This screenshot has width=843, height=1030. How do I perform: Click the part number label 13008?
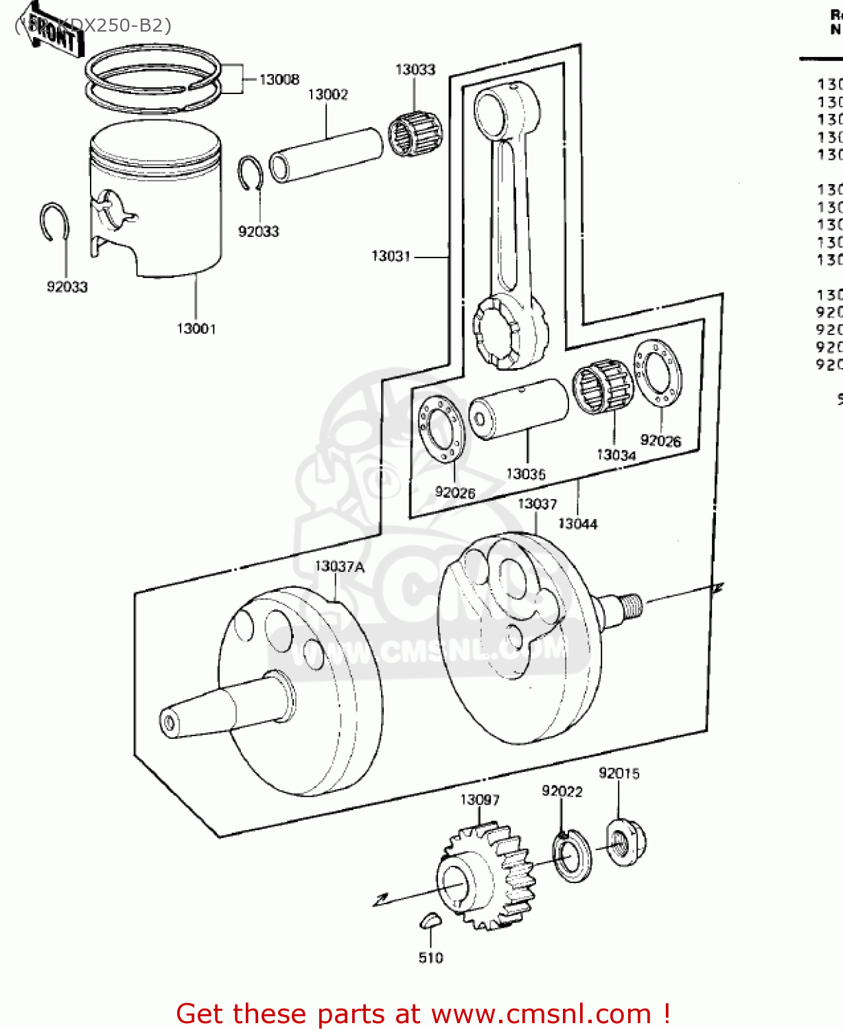pyautogui.click(x=279, y=80)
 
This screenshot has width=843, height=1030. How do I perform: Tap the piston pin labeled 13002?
pyautogui.click(x=326, y=154)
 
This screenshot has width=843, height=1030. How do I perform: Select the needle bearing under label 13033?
pyautogui.click(x=415, y=134)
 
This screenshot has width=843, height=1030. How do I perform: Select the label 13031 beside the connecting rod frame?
pyautogui.click(x=391, y=256)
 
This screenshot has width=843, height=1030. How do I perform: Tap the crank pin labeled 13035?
pyautogui.click(x=519, y=409)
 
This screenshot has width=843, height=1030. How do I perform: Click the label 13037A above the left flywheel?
pyautogui.click(x=340, y=566)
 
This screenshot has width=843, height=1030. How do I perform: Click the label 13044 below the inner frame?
pyautogui.click(x=577, y=524)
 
